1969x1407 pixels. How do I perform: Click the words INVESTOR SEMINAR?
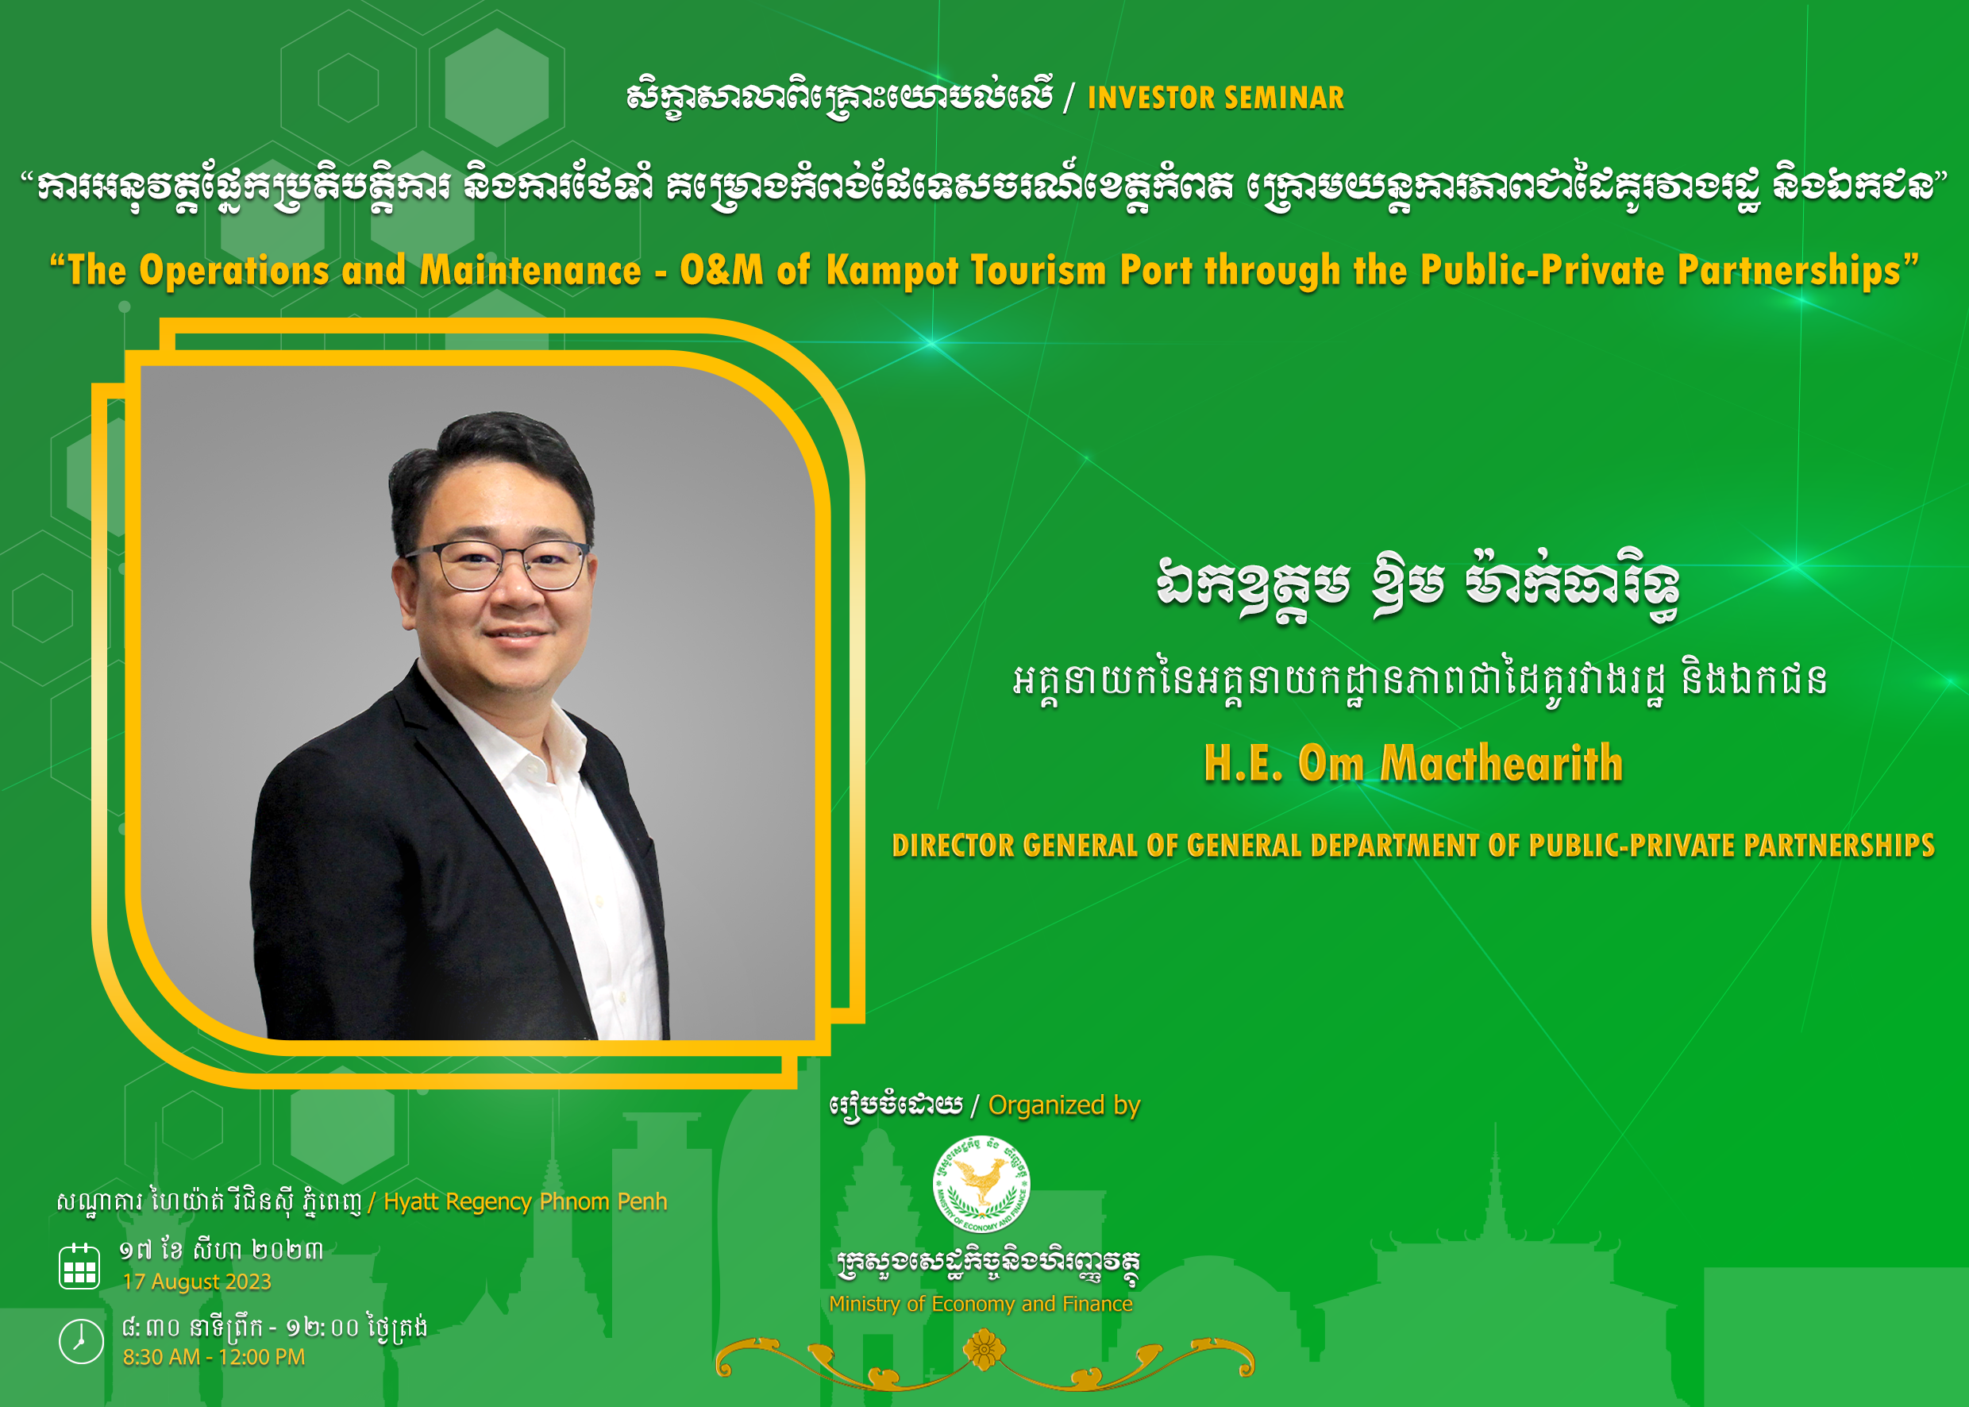(x=1216, y=98)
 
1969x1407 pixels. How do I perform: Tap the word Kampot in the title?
(x=892, y=272)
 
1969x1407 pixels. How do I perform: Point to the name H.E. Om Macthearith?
(x=1413, y=763)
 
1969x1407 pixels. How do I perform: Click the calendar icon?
(x=79, y=1266)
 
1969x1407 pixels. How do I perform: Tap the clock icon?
(x=80, y=1341)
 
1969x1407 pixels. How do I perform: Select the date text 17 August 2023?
(x=197, y=1282)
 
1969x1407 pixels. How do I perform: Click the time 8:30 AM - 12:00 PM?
(x=214, y=1357)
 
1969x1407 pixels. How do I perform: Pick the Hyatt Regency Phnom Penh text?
(x=525, y=1201)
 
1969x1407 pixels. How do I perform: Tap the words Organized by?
(x=1064, y=1105)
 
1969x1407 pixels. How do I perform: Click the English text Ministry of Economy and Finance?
(x=981, y=1304)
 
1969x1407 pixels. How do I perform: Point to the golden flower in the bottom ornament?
(x=984, y=1350)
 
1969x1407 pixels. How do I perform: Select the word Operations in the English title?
(x=234, y=272)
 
